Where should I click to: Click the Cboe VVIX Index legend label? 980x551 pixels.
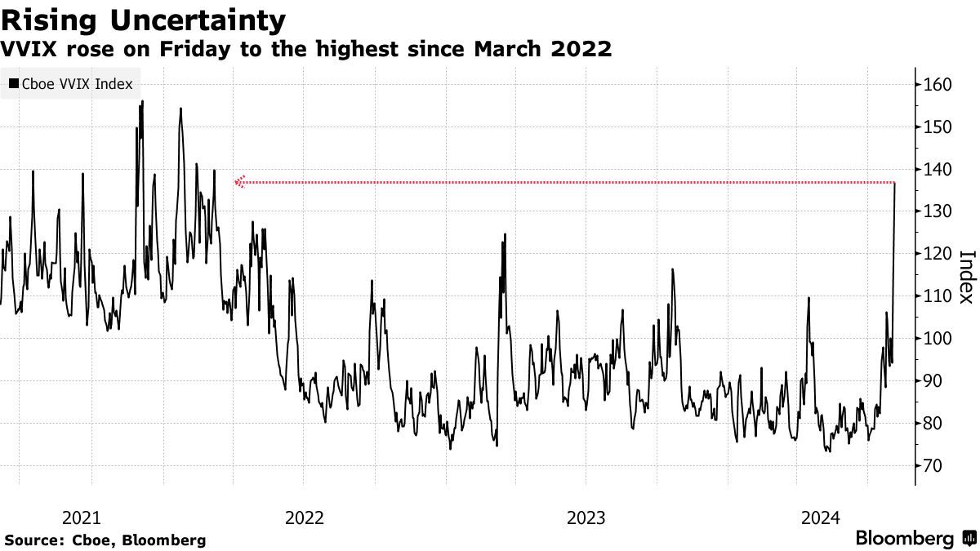[77, 84]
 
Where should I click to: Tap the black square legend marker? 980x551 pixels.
[14, 84]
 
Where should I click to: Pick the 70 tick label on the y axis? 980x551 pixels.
[932, 465]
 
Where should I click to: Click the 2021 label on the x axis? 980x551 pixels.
[81, 518]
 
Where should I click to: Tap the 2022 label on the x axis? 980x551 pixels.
[304, 518]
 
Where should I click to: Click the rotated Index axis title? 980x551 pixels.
[965, 276]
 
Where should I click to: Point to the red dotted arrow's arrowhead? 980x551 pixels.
[238, 182]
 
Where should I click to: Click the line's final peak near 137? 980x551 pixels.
[896, 183]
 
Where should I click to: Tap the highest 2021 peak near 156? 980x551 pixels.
[143, 101]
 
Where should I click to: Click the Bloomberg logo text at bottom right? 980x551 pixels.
[904, 539]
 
